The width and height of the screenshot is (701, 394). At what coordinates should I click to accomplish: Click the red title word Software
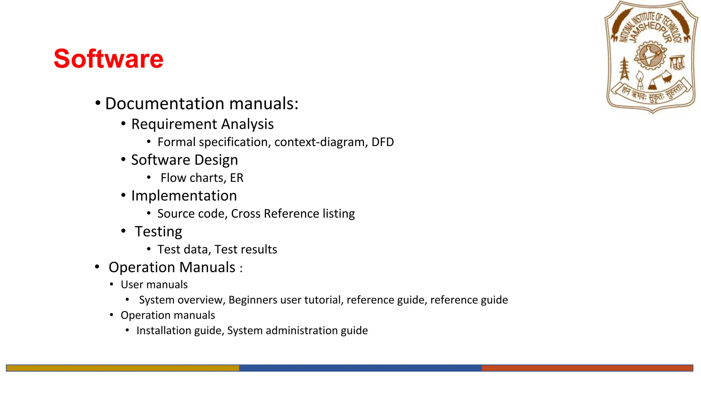point(109,59)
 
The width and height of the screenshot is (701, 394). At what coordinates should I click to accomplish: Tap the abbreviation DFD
point(383,142)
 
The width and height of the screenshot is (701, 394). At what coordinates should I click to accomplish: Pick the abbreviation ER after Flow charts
point(237,178)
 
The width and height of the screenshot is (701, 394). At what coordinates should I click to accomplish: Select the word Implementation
point(184,196)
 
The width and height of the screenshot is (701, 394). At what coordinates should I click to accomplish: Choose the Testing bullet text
point(158,232)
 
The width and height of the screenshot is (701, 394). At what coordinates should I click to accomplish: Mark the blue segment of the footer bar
point(360,368)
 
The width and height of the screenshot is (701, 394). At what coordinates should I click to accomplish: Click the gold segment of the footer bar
point(123,368)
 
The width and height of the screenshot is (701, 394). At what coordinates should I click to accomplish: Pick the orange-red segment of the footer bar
point(587,368)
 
